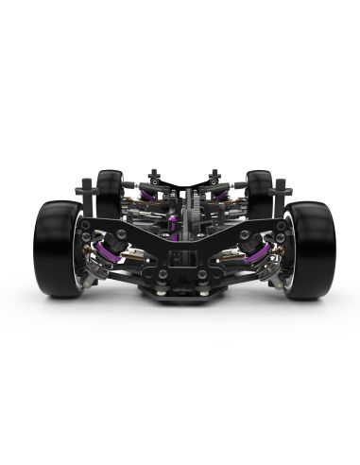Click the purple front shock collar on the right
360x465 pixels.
(253, 250)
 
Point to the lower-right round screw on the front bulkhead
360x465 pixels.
(199, 275)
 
